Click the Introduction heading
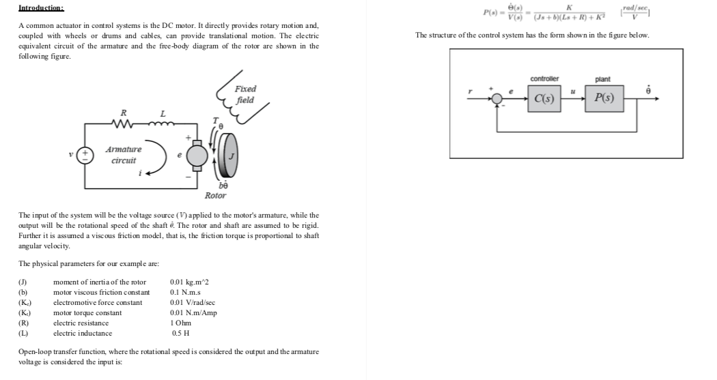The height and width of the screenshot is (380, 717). [x=41, y=8]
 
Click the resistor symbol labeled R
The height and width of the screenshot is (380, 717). [x=123, y=124]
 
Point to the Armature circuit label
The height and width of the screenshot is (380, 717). [x=124, y=155]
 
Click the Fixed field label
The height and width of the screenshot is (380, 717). [x=244, y=95]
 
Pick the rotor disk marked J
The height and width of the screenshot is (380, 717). [x=230, y=156]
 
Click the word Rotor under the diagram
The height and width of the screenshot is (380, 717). [x=215, y=195]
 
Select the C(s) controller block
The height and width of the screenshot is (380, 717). [x=544, y=99]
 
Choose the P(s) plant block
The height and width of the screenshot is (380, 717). [x=604, y=99]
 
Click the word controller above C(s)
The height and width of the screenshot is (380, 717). [x=544, y=79]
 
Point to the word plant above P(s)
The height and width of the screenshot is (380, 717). [x=603, y=79]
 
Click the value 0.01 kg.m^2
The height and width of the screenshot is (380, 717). [x=189, y=282]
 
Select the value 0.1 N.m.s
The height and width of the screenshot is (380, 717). [x=184, y=292]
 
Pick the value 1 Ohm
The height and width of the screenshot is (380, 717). [x=181, y=323]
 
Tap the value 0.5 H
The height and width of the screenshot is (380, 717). [x=180, y=333]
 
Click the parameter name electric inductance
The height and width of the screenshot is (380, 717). [x=83, y=333]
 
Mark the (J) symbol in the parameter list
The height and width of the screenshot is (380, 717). [x=23, y=282]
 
